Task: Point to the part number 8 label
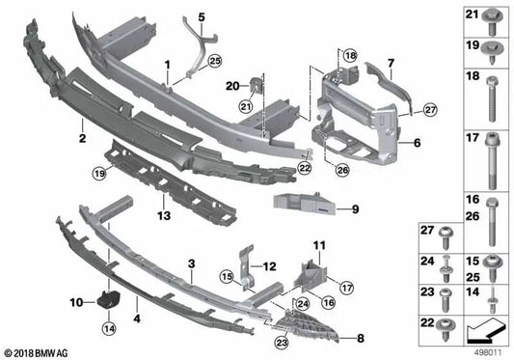[x=362, y=338]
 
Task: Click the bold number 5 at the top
[x=202, y=17]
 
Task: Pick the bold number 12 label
[x=269, y=264]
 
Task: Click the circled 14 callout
[x=109, y=328]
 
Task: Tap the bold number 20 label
[x=231, y=85]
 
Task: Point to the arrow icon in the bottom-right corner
[x=485, y=332]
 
